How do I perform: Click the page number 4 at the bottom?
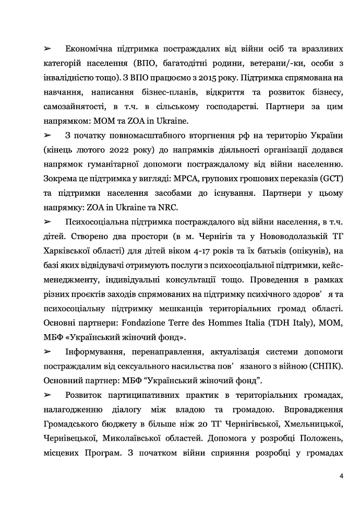[x=341, y=476]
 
